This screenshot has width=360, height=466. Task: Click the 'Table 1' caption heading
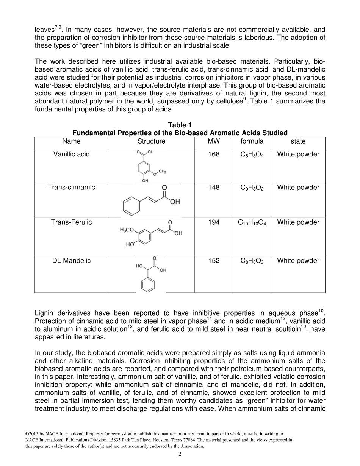pyautogui.click(x=180, y=125)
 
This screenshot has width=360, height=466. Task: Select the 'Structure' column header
pyautogui.click(x=151, y=141)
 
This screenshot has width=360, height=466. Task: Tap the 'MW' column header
pyautogui.click(x=214, y=141)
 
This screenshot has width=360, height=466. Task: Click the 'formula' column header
pyautogui.click(x=252, y=141)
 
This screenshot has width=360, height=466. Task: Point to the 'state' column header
pyautogui.click(x=298, y=141)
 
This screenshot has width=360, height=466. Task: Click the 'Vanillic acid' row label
pyautogui.click(x=71, y=154)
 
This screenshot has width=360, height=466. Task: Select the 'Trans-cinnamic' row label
pyautogui.click(x=71, y=188)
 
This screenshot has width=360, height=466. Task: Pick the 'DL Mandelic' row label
pyautogui.click(x=71, y=261)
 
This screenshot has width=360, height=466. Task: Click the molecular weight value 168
pyautogui.click(x=214, y=154)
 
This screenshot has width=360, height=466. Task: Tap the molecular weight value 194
pyautogui.click(x=214, y=222)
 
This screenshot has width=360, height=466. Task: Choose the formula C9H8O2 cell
pyautogui.click(x=252, y=188)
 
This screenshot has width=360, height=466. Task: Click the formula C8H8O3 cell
pyautogui.click(x=252, y=261)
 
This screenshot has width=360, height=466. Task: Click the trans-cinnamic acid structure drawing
pyautogui.click(x=151, y=200)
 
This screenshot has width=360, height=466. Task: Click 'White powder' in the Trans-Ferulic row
pyautogui.click(x=298, y=222)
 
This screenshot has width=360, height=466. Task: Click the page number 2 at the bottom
pyautogui.click(x=180, y=455)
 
